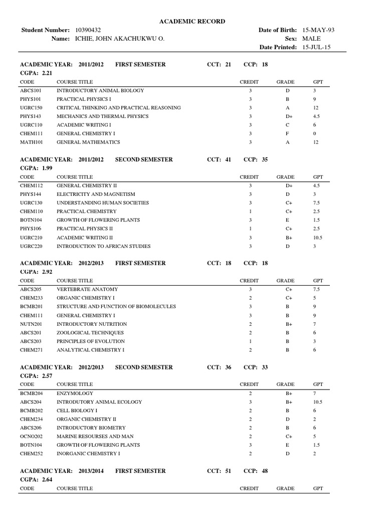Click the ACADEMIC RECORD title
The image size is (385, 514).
[x=192, y=21]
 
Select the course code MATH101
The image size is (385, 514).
[x=30, y=142]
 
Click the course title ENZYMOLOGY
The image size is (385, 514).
[x=75, y=393]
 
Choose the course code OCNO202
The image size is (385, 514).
[x=30, y=436]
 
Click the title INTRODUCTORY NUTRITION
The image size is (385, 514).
[x=92, y=324]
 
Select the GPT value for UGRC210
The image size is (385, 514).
[x=318, y=237]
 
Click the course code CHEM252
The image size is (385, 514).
[x=30, y=454]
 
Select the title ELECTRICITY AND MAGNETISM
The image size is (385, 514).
[x=96, y=194]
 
